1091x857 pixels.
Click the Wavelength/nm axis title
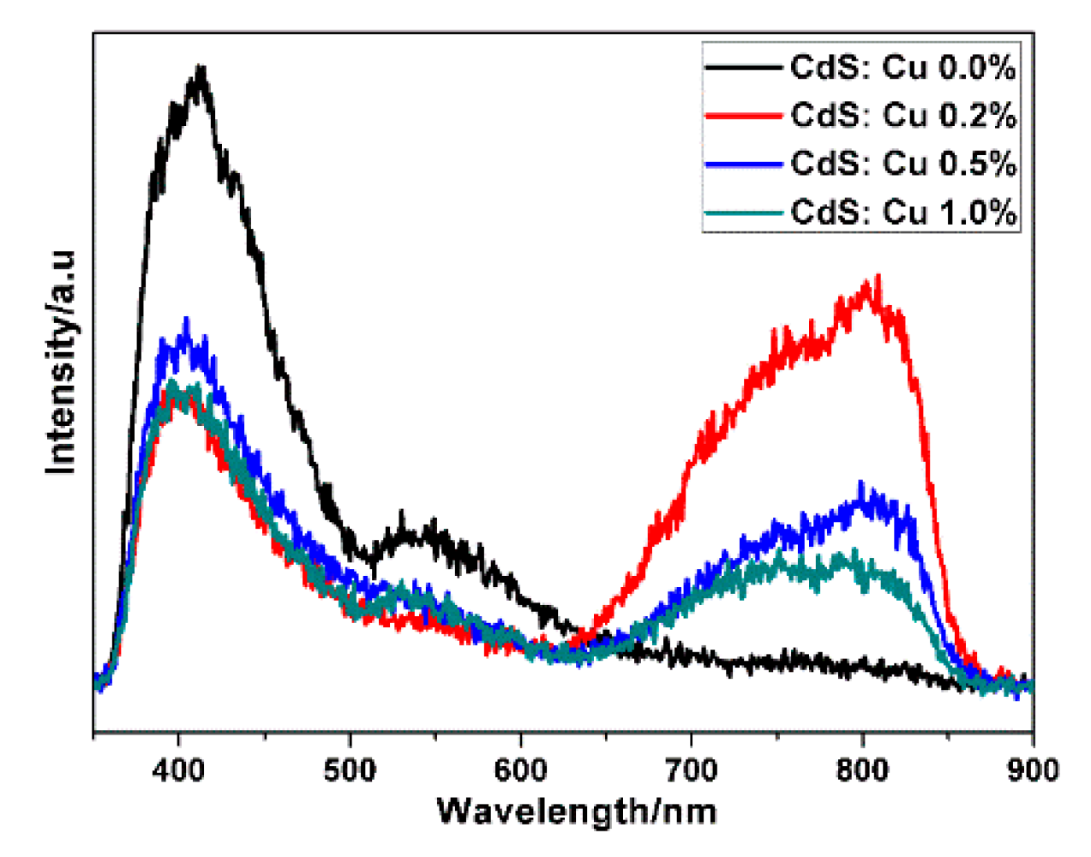pos(576,810)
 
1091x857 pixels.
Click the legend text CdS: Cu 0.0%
pos(902,67)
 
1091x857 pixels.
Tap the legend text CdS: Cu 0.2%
pos(902,115)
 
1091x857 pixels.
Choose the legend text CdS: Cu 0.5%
pos(902,163)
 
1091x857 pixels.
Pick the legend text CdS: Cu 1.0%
pos(902,212)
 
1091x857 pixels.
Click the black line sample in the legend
pos(743,68)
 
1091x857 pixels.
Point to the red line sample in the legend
pos(743,116)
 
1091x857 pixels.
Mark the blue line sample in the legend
pos(743,164)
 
